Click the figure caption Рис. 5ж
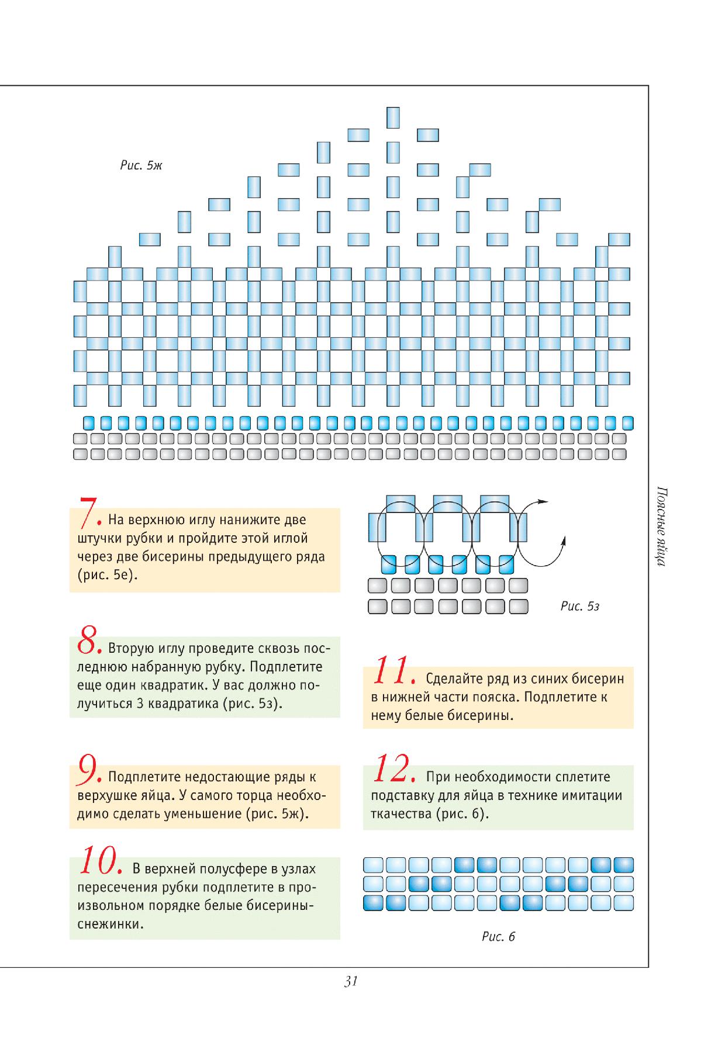pyautogui.click(x=141, y=166)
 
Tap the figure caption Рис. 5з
pyautogui.click(x=579, y=607)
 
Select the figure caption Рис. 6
pyautogui.click(x=498, y=937)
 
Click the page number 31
pyautogui.click(x=351, y=981)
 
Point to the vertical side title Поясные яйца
pyautogui.click(x=658, y=526)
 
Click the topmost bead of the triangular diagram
pyautogui.click(x=393, y=117)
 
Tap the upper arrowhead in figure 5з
pyautogui.click(x=544, y=501)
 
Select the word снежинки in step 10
pyautogui.click(x=111, y=925)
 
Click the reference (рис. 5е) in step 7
pyautogui.click(x=106, y=575)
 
